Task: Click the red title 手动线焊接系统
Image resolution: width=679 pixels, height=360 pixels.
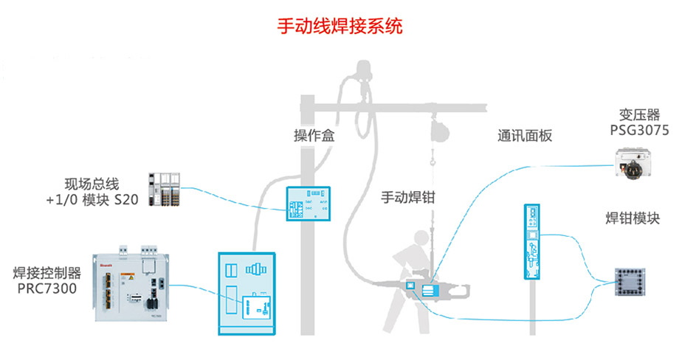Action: tap(339, 27)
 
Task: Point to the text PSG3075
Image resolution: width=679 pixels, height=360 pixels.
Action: tap(639, 131)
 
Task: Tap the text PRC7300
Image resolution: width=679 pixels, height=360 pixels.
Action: tap(47, 288)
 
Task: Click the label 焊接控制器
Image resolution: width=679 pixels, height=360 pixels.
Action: tap(47, 273)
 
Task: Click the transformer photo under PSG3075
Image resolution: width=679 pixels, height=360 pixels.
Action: tap(637, 165)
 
